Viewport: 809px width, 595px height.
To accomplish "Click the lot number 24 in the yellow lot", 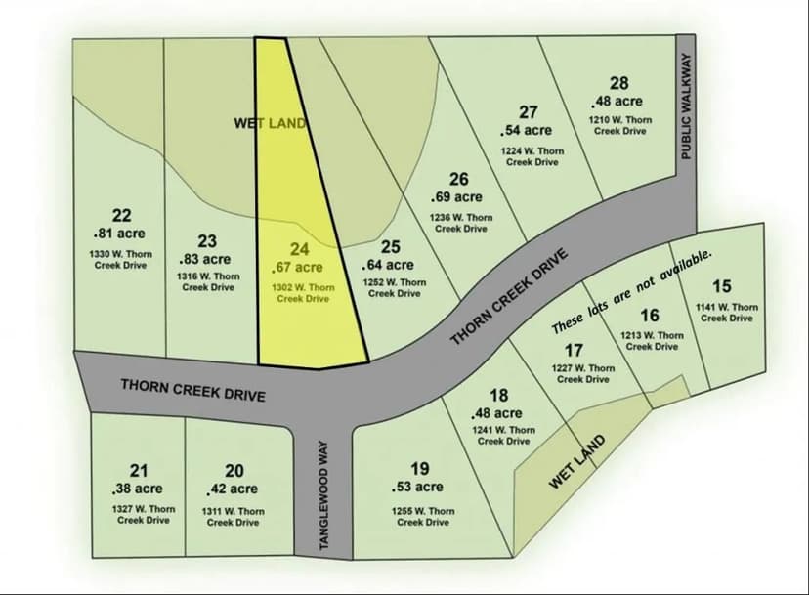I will (299, 250).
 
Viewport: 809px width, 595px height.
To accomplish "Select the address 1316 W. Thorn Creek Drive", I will (207, 281).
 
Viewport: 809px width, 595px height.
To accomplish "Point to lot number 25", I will (390, 247).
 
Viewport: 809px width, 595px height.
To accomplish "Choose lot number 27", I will (528, 112).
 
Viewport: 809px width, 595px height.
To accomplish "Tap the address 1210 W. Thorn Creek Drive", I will (619, 125).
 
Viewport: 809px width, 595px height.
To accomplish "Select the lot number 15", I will (721, 286).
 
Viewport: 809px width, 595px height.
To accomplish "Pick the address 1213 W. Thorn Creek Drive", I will (652, 340).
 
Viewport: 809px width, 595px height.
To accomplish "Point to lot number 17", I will (575, 350).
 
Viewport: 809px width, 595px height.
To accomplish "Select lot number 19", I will (419, 469).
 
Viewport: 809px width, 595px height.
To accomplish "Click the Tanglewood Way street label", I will (325, 496).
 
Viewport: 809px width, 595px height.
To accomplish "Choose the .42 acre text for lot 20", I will (232, 489).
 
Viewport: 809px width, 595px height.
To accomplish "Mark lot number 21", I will (140, 471).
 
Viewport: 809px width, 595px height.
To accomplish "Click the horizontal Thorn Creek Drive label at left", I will (193, 389).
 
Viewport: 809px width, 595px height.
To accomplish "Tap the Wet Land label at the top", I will (271, 123).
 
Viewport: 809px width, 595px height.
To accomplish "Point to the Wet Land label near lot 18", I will (576, 462).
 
